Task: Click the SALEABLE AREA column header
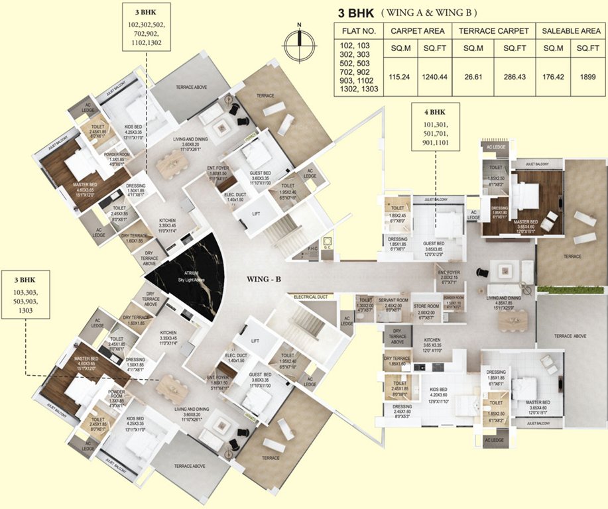pyautogui.click(x=571, y=31)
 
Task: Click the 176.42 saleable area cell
pyautogui.click(x=552, y=77)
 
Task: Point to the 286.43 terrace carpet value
pyautogui.click(x=514, y=77)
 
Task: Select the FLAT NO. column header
pyautogui.click(x=359, y=31)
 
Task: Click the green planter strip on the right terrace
pyautogui.click(x=570, y=289)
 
